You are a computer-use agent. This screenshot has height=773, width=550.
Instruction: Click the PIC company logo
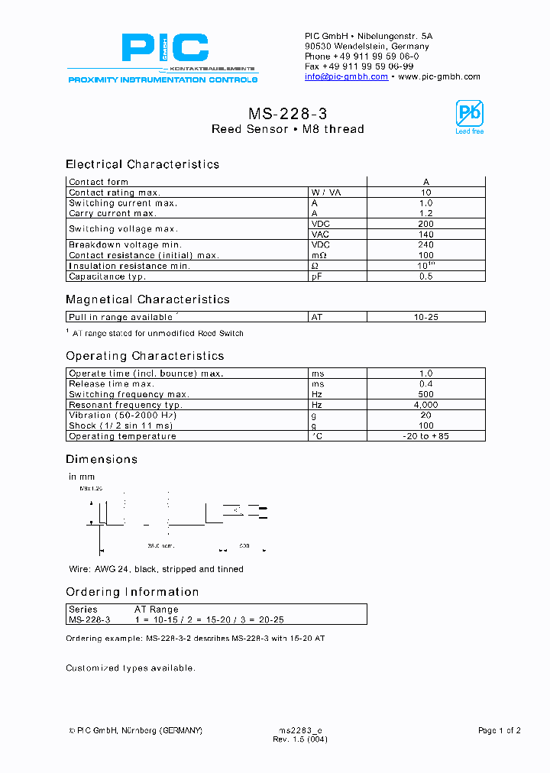tap(164, 49)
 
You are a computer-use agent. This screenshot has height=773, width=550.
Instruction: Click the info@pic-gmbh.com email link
tap(346, 76)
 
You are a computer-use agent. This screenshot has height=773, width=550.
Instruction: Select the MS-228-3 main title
tap(287, 113)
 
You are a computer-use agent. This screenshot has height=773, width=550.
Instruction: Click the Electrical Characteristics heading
tap(142, 164)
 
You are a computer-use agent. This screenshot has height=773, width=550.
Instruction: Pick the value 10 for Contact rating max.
tap(425, 192)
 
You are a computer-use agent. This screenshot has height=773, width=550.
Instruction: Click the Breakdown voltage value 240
tap(425, 244)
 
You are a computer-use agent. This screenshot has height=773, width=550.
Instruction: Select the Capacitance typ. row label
tap(107, 277)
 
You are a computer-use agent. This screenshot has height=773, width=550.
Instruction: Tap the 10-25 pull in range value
tap(425, 316)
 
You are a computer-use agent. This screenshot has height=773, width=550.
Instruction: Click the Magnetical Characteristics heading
tap(147, 299)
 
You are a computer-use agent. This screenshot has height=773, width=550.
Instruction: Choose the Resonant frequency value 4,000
tap(425, 405)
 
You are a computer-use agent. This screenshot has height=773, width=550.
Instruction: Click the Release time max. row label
tap(112, 383)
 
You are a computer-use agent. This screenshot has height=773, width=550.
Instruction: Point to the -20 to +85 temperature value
tap(425, 436)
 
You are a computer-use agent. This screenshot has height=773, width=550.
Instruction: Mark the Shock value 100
tap(425, 425)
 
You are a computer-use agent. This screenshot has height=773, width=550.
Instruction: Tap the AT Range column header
tap(157, 610)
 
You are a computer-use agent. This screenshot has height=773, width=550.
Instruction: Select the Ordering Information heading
tap(132, 592)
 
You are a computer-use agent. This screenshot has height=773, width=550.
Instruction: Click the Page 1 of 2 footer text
tap(499, 730)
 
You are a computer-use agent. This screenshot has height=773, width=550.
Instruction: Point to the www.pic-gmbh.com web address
tap(439, 76)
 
